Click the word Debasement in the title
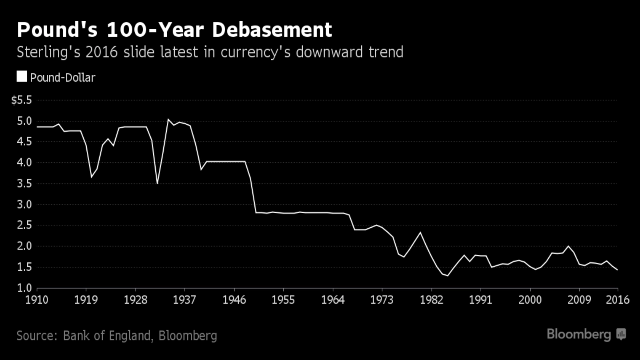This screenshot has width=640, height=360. (272, 30)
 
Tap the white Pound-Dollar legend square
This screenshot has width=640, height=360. (22, 76)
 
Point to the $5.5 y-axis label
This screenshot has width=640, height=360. (22, 100)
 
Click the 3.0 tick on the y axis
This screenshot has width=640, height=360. (24, 204)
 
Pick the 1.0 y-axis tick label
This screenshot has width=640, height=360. (24, 288)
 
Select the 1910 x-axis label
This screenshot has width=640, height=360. (37, 300)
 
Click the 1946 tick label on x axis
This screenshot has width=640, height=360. (234, 300)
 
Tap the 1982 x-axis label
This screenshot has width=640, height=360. (431, 300)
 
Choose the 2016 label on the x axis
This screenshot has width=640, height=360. (618, 300)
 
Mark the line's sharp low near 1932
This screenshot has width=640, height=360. (157, 184)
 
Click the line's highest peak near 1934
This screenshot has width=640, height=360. (168, 119)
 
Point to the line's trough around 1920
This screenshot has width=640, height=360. (91, 177)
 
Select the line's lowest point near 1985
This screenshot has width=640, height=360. (448, 275)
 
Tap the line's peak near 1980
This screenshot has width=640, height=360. (420, 232)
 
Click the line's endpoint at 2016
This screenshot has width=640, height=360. (618, 270)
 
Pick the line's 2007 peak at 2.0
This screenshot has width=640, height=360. (568, 246)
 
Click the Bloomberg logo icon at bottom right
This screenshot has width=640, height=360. (621, 334)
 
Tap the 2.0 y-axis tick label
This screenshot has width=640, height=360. (24, 246)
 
